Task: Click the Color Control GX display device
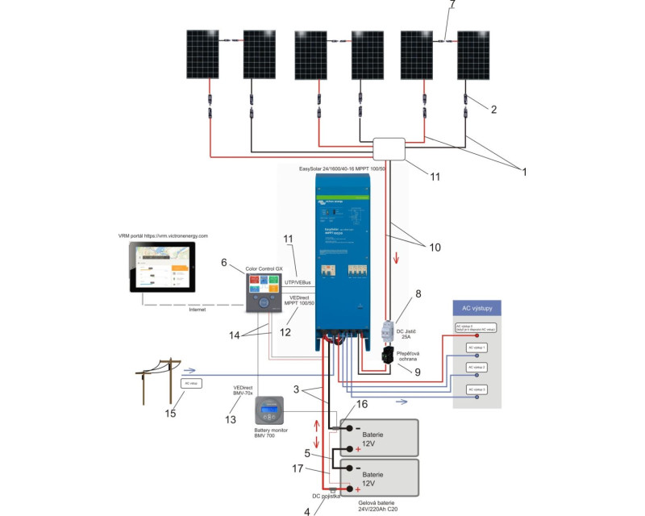pos(267,291)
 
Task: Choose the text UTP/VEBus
pos(298,282)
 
